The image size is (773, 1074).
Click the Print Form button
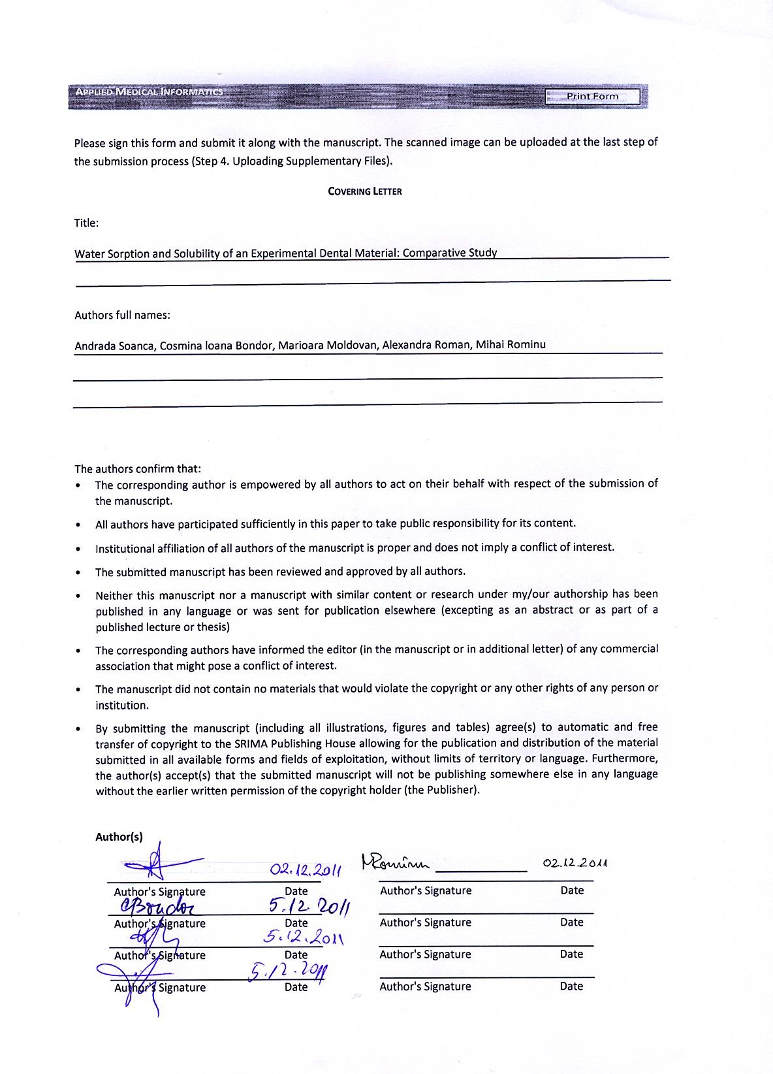592,97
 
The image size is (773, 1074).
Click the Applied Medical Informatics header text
149,92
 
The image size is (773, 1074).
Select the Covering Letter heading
364,191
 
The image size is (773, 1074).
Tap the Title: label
86,223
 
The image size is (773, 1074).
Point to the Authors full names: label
122,315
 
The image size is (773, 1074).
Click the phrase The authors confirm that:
138,468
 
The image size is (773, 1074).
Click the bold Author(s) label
119,837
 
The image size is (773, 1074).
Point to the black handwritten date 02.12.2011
575,862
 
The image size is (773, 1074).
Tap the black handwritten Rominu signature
396,864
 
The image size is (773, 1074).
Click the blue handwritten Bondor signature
157,906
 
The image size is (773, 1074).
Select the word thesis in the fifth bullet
213,627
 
